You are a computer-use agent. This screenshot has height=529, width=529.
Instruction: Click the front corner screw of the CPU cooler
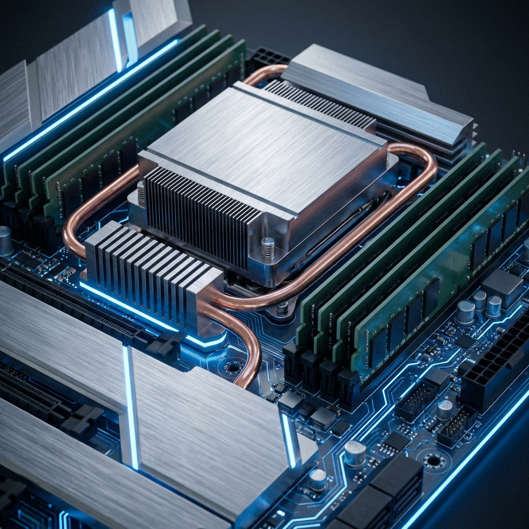point(267,247)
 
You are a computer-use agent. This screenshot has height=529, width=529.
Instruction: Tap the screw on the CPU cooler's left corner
point(141,191)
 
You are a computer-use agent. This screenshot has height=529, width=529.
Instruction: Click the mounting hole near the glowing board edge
point(433,459)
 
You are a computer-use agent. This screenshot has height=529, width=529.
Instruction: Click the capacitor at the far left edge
point(5,241)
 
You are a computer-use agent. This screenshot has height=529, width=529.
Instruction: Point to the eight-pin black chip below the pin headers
point(395,442)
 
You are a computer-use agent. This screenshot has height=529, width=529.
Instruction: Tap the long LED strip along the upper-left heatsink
point(93,98)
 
